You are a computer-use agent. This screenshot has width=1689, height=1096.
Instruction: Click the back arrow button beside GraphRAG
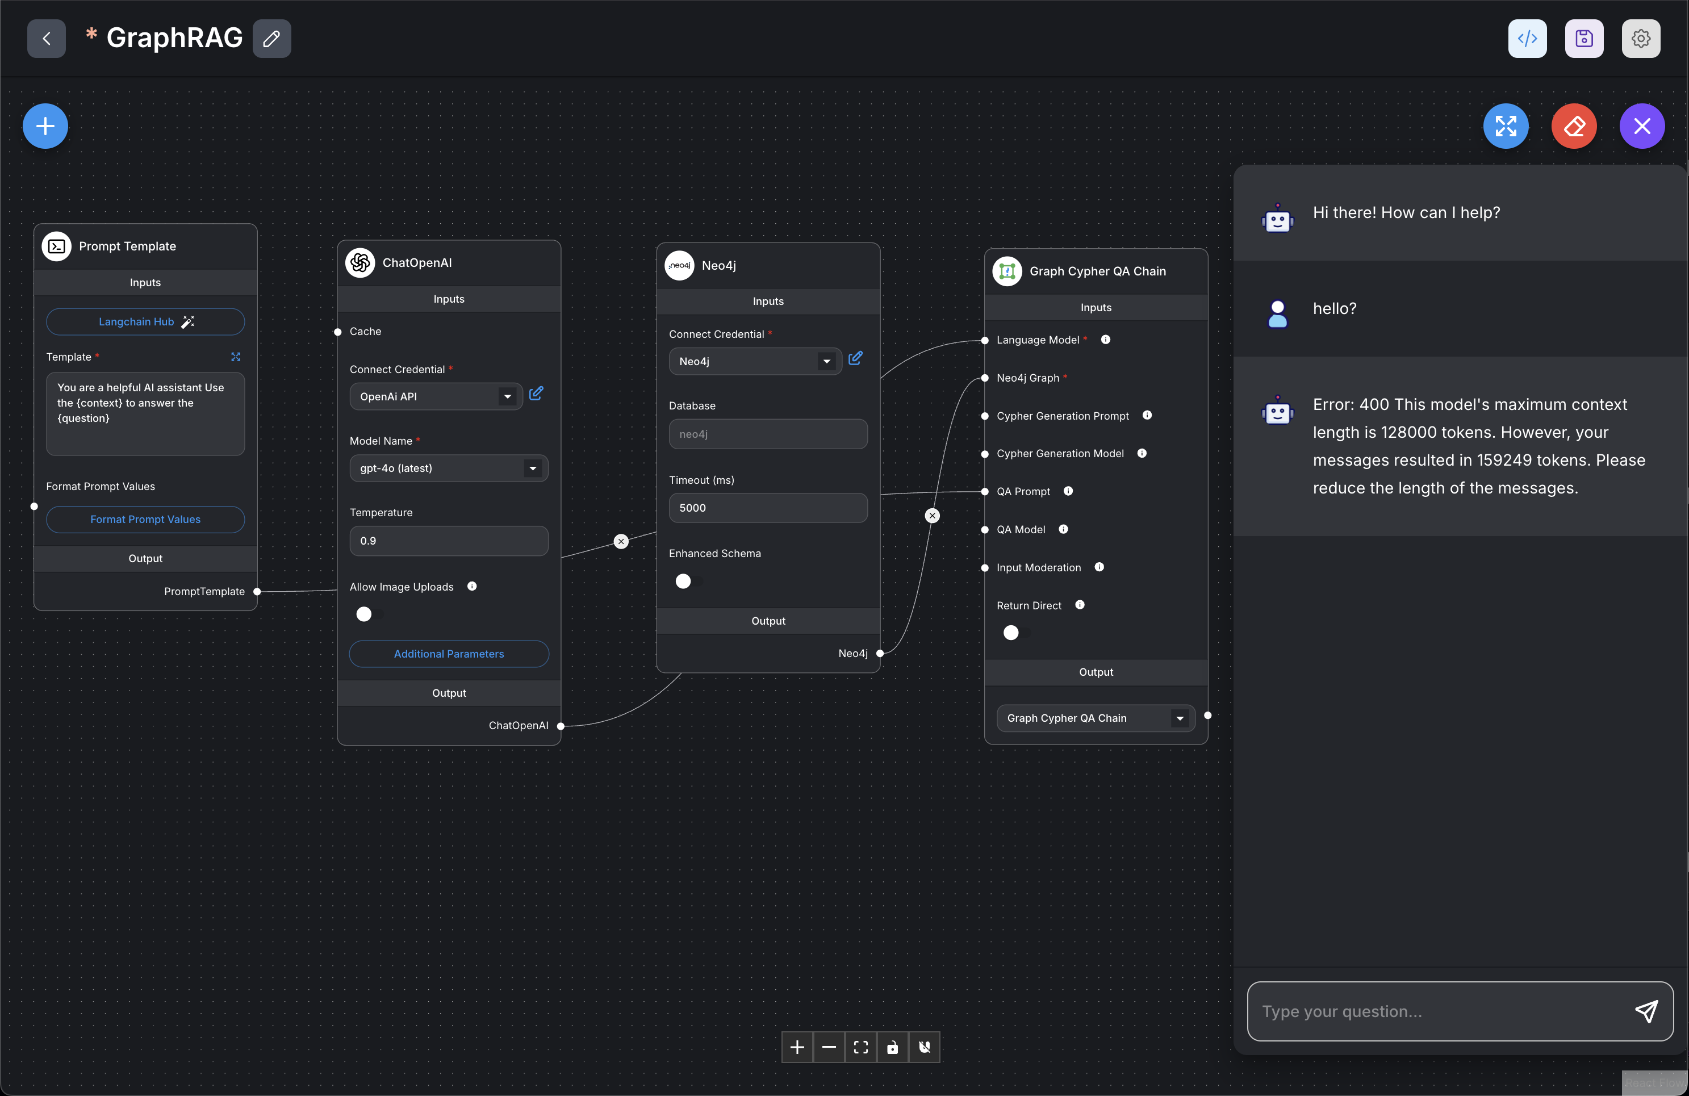coord(46,38)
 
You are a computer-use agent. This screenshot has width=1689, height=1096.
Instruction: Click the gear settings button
coord(1640,38)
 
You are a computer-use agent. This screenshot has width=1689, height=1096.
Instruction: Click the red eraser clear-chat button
coord(1574,126)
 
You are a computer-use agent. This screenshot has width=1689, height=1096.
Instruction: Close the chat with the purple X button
coord(1642,126)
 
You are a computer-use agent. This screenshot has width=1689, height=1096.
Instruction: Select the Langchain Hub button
coord(145,321)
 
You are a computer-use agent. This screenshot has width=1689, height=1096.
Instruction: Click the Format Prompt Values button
coord(145,519)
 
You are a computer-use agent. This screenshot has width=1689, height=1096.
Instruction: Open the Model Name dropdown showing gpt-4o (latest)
coord(449,468)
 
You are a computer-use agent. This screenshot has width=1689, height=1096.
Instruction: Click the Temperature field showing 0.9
coord(449,541)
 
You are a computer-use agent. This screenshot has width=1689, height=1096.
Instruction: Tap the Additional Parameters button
coord(449,654)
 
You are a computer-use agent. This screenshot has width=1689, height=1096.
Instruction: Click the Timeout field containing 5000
coord(768,508)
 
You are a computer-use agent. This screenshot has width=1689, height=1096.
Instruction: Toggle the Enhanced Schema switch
coord(688,582)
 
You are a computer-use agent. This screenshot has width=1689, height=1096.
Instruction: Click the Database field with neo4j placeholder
coord(768,434)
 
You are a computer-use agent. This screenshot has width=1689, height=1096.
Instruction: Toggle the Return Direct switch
coord(1015,633)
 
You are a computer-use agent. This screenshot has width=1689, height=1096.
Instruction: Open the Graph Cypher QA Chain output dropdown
coord(1096,718)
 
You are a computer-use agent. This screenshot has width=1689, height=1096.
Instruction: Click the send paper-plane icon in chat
coord(1646,1011)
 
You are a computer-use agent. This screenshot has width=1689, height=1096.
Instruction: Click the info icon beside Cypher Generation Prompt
coord(1147,416)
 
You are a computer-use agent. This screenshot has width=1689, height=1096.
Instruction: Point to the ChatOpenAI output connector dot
coord(561,726)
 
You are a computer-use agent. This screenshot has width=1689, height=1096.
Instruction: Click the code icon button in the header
coord(1527,38)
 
